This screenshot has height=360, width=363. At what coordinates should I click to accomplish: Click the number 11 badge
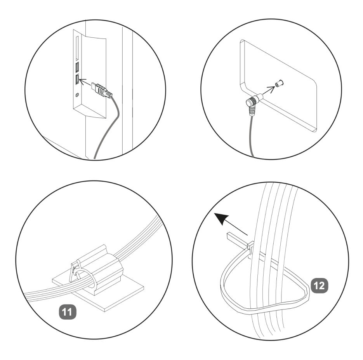tap(68, 312)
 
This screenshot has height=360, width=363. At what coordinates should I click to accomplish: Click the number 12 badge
tap(320, 286)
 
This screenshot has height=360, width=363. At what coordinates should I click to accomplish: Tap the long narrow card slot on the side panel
tap(77, 47)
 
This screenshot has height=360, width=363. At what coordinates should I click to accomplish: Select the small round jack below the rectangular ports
tap(77, 94)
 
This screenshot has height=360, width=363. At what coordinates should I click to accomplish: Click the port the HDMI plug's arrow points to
tap(77, 80)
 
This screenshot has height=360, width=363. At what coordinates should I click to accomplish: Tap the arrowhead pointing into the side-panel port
tap(82, 81)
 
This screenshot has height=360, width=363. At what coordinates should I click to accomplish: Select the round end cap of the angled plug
tap(250, 102)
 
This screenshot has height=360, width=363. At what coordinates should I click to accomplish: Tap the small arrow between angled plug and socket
tap(271, 88)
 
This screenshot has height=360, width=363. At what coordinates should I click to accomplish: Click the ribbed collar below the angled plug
tap(252, 111)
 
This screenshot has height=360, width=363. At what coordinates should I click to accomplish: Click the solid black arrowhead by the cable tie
tap(222, 218)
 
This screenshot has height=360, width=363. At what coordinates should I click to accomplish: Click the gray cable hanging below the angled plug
tap(251, 137)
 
